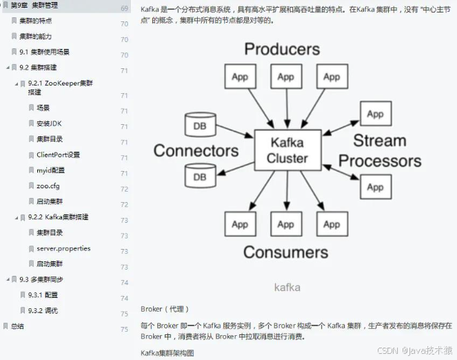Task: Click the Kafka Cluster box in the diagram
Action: [288, 151]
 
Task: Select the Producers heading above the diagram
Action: [282, 49]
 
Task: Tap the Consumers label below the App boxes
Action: [285, 252]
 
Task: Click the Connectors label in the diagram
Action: [196, 150]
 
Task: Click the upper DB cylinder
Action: [199, 126]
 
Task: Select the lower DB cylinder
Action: [199, 177]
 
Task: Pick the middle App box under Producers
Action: [285, 77]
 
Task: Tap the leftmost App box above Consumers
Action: [239, 224]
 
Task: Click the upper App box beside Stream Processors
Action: [375, 114]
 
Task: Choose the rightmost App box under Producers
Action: [332, 77]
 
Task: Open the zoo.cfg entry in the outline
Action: [48, 186]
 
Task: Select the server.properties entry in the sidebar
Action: [63, 248]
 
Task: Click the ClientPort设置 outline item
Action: [58, 154]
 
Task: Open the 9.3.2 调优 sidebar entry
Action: [43, 310]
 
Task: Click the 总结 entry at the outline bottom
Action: [17, 326]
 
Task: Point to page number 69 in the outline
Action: [124, 8]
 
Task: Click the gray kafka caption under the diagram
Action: [287, 287]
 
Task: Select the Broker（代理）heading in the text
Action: [164, 309]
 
